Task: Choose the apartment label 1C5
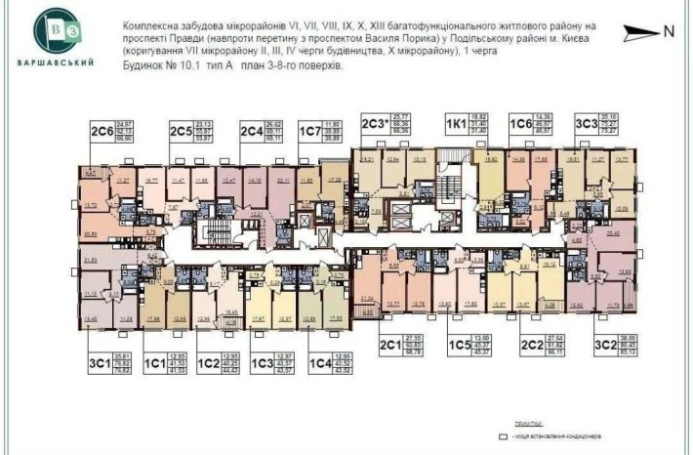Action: coord(460,343)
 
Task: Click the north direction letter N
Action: coord(669,30)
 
